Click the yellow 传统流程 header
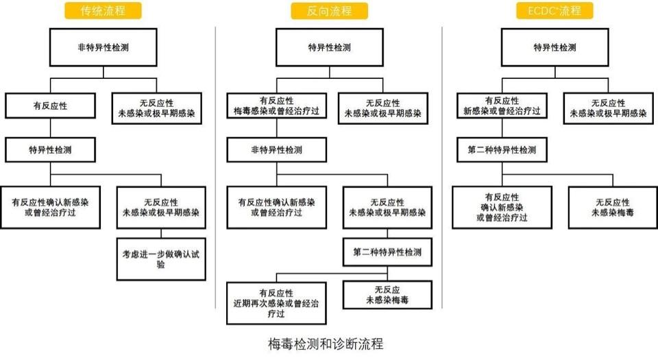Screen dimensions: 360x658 (x=103, y=10)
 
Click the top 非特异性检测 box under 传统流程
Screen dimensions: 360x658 (x=103, y=48)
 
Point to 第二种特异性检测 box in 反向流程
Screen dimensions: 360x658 (x=387, y=252)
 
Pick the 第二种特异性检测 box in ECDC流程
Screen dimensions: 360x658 (x=503, y=149)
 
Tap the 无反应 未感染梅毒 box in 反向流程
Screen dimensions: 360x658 (x=387, y=295)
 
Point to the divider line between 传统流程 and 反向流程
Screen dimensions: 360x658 (x=215, y=171)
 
